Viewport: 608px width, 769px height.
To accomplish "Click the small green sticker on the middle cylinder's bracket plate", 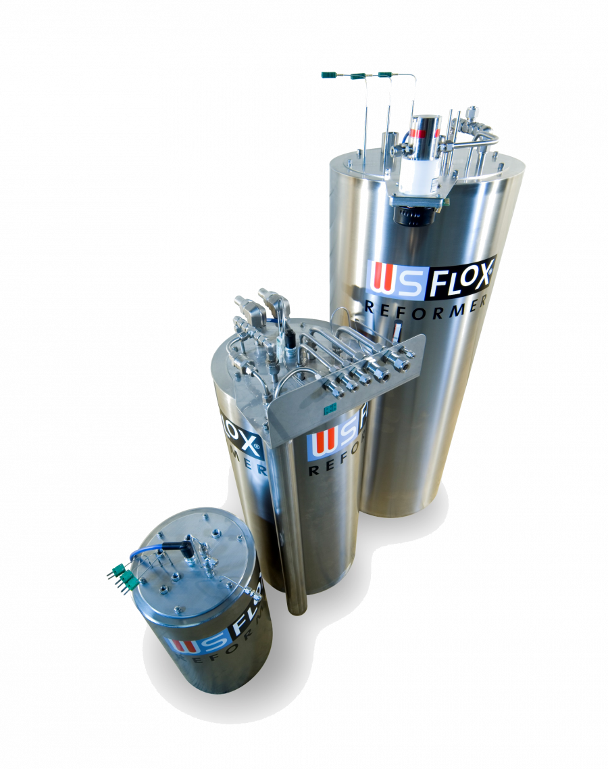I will [330, 409].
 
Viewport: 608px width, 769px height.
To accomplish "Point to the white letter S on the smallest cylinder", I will [209, 641].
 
